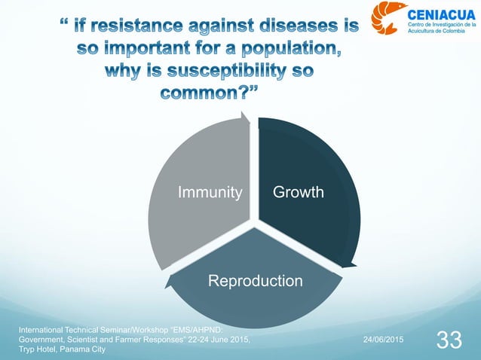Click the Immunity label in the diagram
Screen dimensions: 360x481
point(210,193)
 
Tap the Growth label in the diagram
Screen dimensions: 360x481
point(299,193)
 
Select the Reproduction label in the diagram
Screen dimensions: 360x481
point(256,281)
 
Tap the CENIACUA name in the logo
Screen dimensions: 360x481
point(440,14)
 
